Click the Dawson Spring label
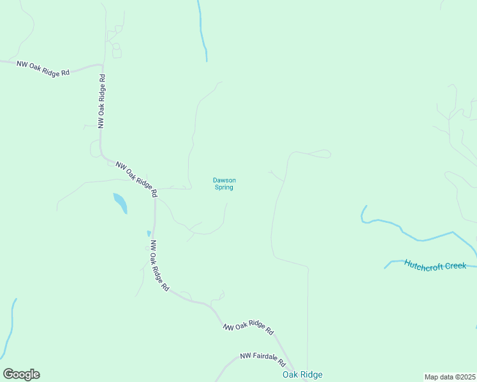[224, 183]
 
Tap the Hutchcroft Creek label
[435, 265]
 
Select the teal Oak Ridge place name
[302, 375]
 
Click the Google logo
[21, 374]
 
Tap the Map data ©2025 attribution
[450, 377]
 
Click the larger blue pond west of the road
[120, 203]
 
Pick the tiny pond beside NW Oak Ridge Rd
[149, 234]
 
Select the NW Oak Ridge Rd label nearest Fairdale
[248, 329]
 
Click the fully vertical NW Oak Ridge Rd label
[101, 101]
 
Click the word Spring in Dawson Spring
[224, 188]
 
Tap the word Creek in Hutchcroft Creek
[455, 265]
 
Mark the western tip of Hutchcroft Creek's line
[385, 267]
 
